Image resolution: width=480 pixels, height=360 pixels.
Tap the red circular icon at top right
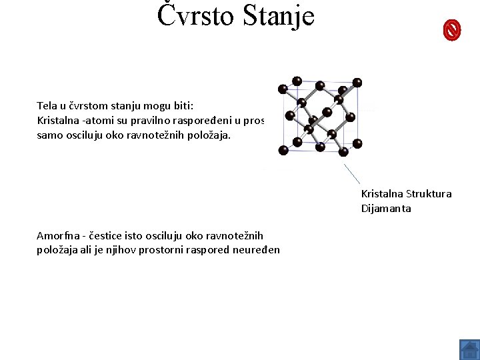tap(452, 30)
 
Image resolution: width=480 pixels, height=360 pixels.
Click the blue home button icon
tap(469, 349)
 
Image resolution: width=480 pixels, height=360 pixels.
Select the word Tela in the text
tap(47, 105)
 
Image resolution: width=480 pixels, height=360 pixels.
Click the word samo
tap(49, 135)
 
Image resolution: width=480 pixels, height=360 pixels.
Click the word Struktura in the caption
tap(427, 194)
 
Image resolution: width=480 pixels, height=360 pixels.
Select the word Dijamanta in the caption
tap(386, 209)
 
